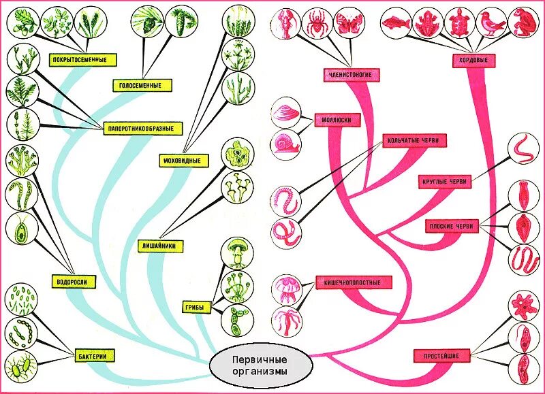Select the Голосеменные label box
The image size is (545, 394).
[x=142, y=86]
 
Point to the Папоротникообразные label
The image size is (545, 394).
[x=142, y=127]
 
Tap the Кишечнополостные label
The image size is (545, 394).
[x=347, y=282]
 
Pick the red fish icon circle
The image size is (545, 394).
[x=395, y=23]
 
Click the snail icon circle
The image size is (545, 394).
[x=285, y=144]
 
